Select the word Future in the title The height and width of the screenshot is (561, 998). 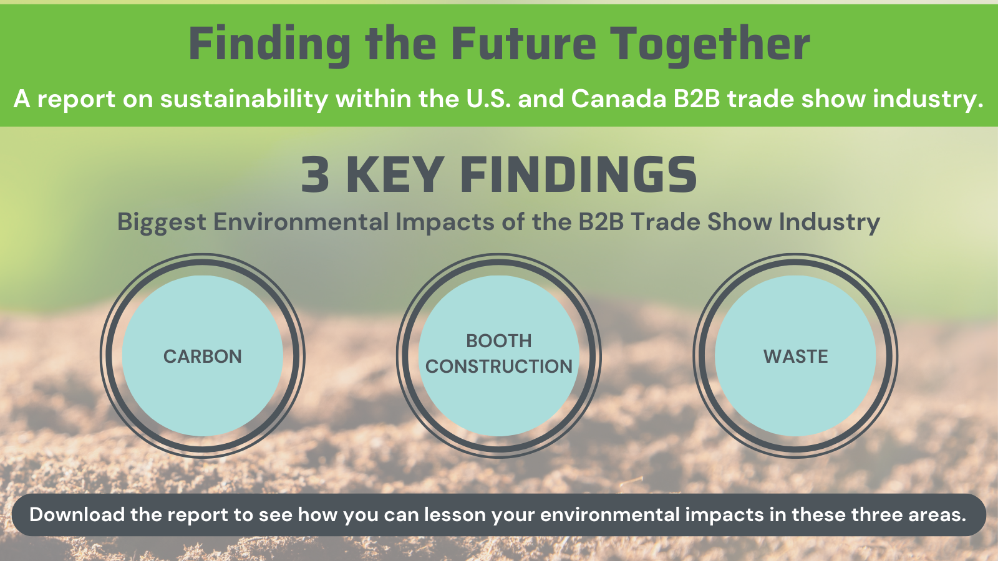[523, 44]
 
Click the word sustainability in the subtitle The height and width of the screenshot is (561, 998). [244, 100]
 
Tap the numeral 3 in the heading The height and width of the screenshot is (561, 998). [315, 175]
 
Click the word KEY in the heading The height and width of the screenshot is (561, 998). [395, 175]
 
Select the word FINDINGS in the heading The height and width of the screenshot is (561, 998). [578, 175]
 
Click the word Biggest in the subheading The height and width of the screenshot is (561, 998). [162, 222]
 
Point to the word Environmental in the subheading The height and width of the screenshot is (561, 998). [301, 221]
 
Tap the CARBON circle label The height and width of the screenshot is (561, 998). [202, 357]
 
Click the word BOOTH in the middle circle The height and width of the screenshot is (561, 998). [498, 341]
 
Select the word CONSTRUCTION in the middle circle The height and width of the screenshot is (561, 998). [498, 367]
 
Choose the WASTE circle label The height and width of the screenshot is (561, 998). [795, 357]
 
